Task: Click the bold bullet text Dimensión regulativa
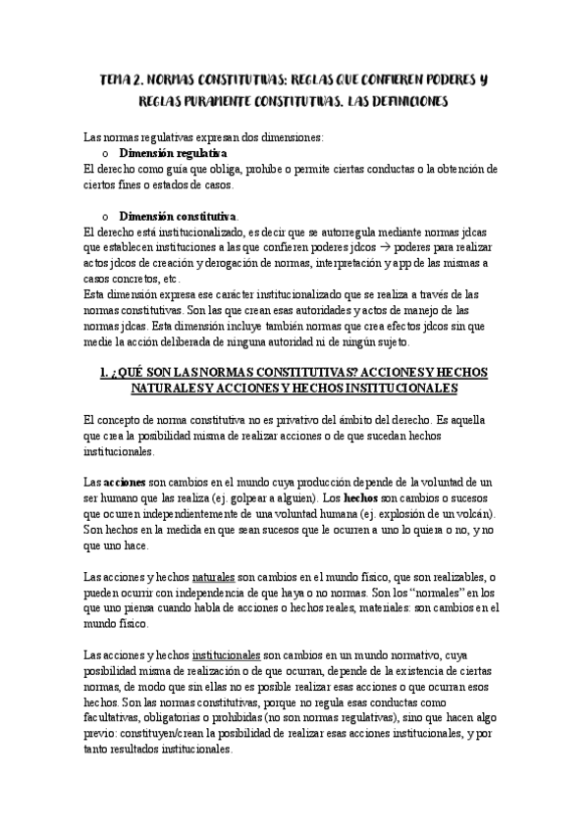pos(173,155)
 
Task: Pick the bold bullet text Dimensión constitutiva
pos(178,216)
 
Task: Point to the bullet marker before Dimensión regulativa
pos(105,155)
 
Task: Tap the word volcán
pos(474,515)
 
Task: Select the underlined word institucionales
pos(226,655)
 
